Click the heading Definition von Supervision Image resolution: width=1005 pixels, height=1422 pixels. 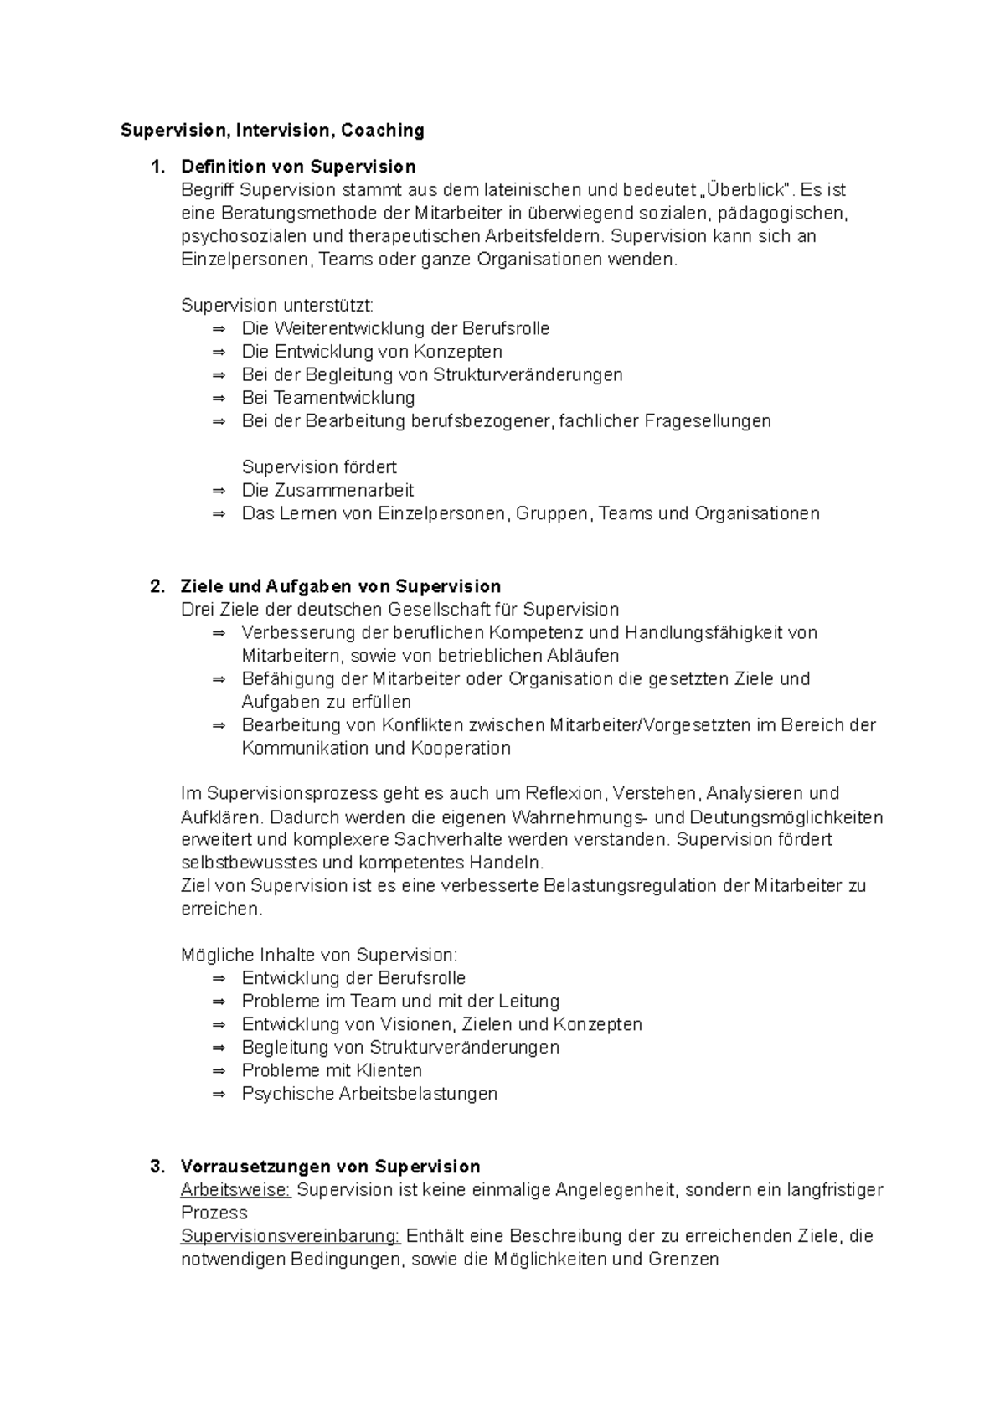[298, 167]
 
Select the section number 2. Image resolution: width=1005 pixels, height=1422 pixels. [157, 586]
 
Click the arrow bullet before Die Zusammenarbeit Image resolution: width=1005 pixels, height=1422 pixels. [219, 491]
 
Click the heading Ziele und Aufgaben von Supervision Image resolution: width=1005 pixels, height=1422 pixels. [341, 586]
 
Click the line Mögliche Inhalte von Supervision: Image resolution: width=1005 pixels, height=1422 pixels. [319, 955]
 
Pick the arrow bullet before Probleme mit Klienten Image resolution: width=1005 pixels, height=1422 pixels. [219, 1071]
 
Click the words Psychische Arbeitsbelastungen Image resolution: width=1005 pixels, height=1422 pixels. [369, 1094]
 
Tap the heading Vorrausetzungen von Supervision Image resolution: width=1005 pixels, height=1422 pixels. [330, 1167]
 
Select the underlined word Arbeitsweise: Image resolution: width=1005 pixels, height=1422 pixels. [236, 1190]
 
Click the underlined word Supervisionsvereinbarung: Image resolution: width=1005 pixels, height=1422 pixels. [291, 1236]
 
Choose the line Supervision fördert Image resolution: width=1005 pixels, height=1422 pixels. [319, 467]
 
